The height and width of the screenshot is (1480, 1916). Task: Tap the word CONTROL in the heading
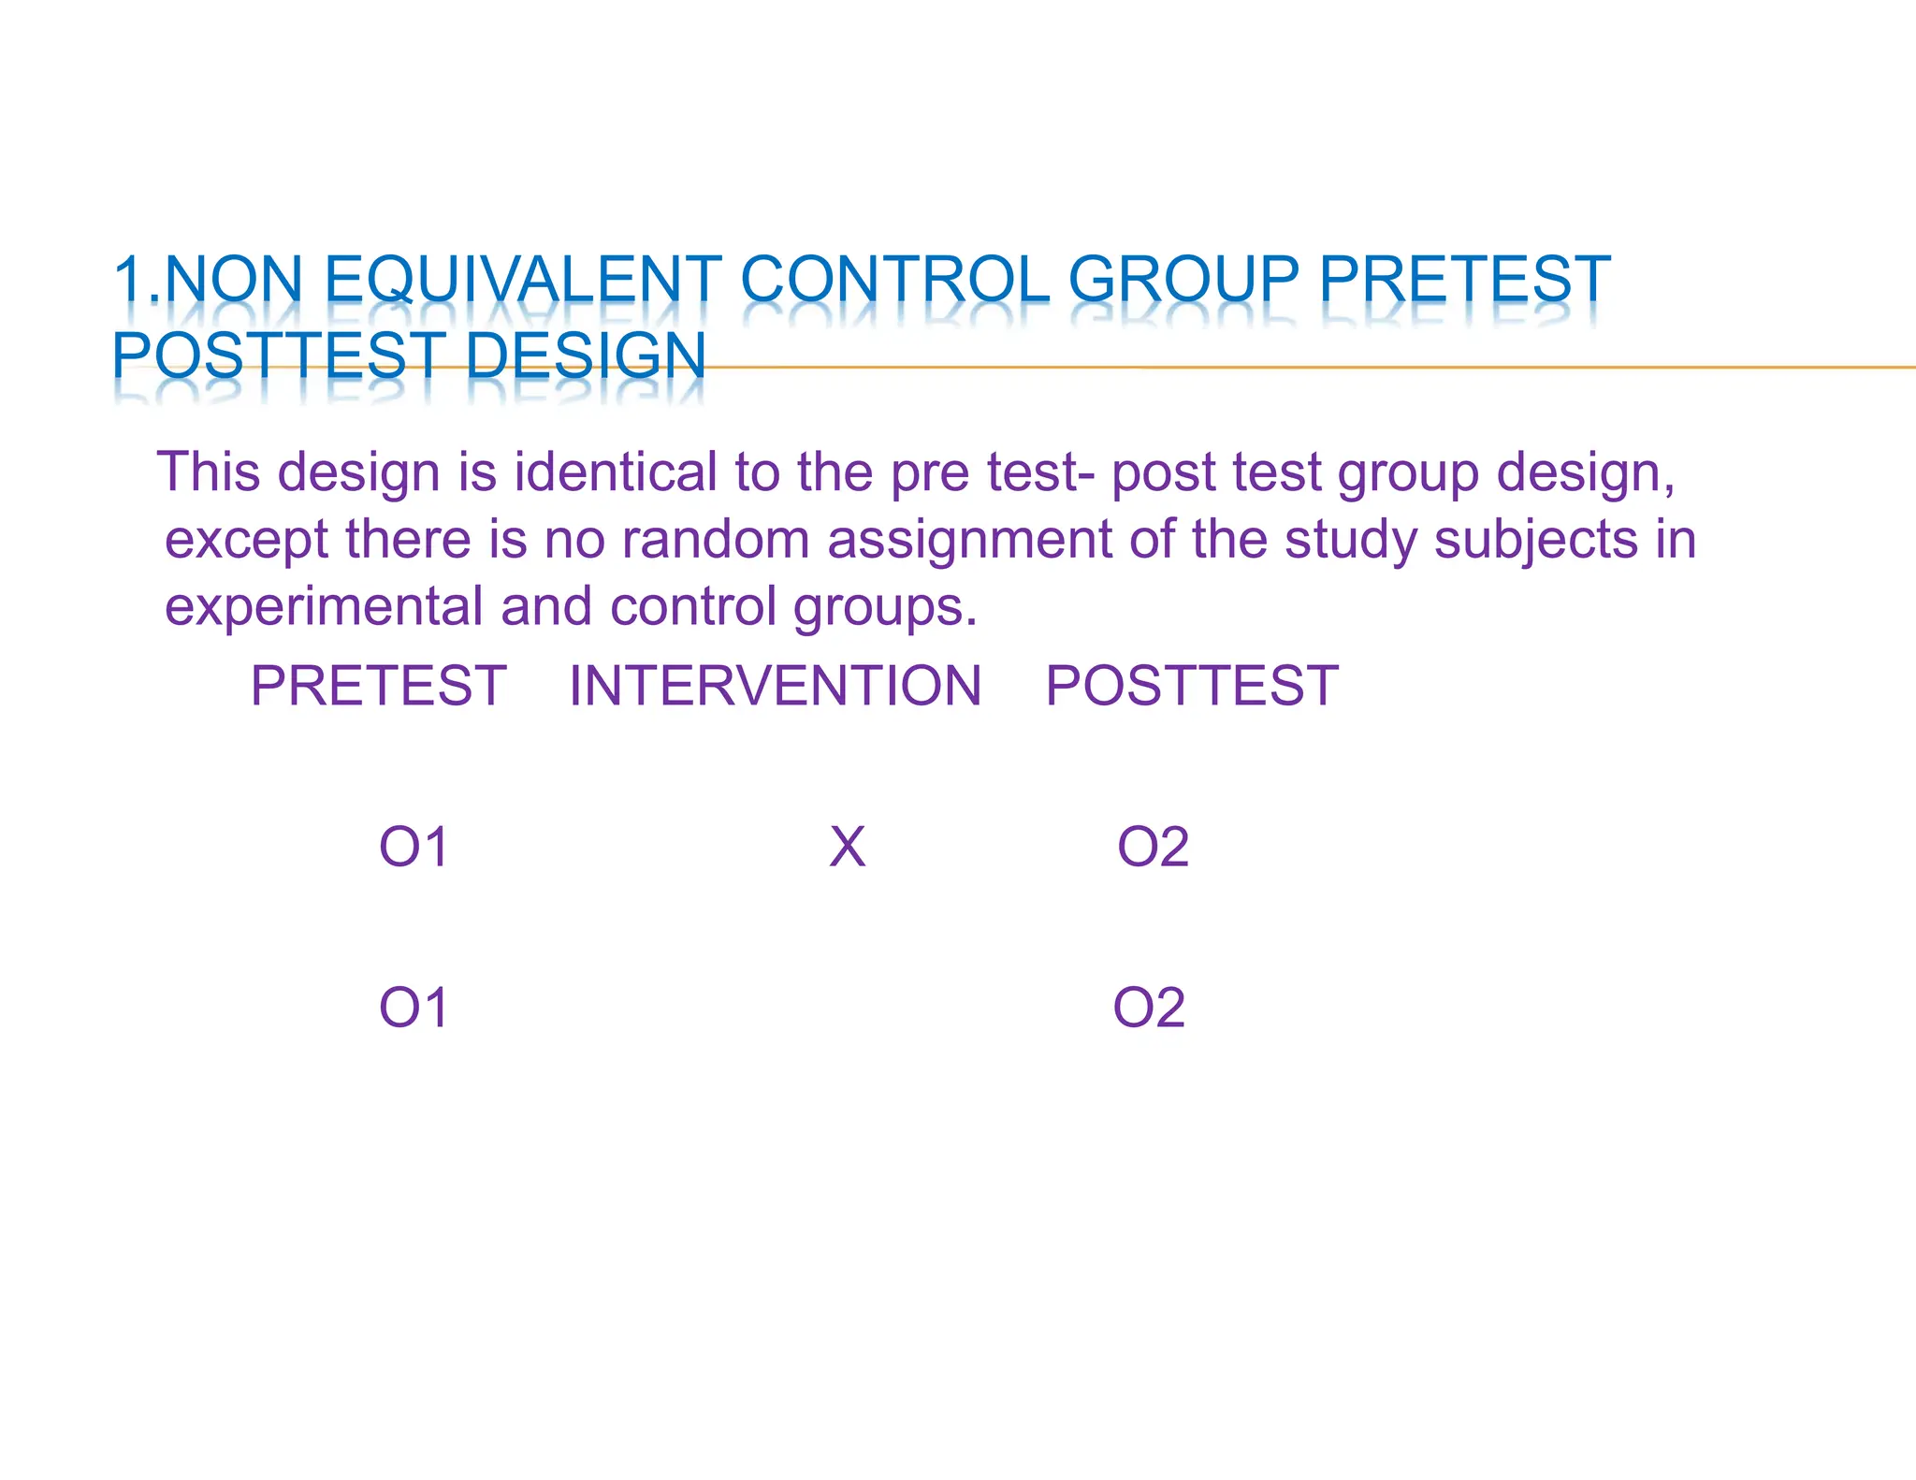click(894, 280)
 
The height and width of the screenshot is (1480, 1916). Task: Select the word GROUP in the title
click(1183, 280)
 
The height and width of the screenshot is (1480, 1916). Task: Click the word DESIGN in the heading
click(585, 356)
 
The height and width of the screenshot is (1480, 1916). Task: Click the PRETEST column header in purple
click(378, 686)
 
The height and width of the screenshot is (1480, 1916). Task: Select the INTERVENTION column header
click(775, 686)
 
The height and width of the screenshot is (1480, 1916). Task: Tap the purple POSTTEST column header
click(1191, 686)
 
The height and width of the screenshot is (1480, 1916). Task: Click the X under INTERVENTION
click(847, 848)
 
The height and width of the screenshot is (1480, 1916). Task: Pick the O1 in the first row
click(414, 848)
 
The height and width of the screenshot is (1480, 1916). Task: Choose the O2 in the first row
click(1153, 848)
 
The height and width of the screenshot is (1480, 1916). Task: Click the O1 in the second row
click(414, 1008)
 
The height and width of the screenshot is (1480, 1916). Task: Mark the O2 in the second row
click(1149, 1008)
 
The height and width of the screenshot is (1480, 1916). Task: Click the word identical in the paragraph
click(616, 472)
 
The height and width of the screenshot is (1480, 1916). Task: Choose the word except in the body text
click(246, 541)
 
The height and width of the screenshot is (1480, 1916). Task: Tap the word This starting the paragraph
click(208, 472)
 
